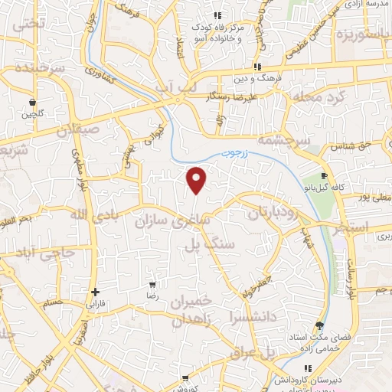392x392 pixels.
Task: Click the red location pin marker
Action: (x=197, y=179)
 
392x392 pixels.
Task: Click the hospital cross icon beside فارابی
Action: (x=95, y=292)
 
